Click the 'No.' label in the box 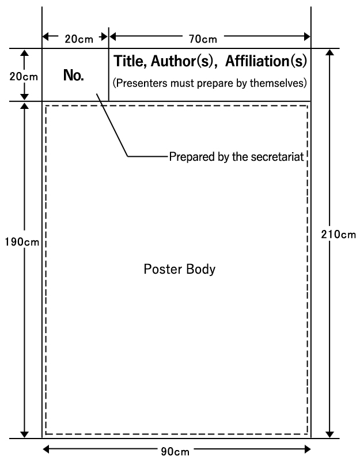point(74,75)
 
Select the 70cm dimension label point(203,39)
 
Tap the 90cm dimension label point(177,451)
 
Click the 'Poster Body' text point(180,269)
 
